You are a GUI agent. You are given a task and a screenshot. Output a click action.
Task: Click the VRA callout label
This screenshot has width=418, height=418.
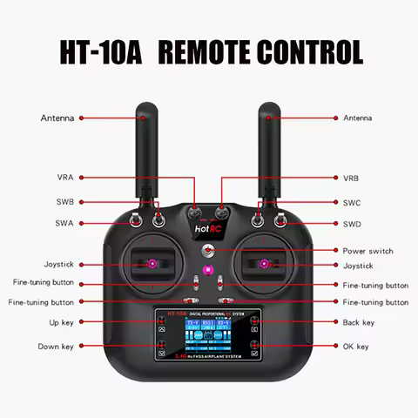[x=65, y=178]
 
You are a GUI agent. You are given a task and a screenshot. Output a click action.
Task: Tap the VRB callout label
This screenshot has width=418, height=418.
[x=351, y=178]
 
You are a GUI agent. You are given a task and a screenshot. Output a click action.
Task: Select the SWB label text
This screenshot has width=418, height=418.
[x=65, y=202]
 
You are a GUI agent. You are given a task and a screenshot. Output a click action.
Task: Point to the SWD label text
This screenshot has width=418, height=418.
[x=352, y=224]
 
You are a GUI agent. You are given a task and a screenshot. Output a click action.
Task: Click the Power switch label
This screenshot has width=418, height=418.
[x=367, y=251]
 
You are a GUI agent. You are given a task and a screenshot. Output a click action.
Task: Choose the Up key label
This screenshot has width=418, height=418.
[x=61, y=322]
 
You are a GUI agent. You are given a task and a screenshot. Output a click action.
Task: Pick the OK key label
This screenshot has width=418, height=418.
[x=355, y=347]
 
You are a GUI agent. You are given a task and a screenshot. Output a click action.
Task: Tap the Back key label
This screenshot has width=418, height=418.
[x=358, y=322]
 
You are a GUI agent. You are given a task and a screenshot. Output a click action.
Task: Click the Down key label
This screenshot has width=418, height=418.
[x=56, y=347]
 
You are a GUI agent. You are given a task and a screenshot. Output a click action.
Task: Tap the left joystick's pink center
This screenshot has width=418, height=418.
[x=152, y=263]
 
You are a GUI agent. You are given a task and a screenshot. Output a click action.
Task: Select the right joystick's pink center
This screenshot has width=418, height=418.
[x=263, y=263]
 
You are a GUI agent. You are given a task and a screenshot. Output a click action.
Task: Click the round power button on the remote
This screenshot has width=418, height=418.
[x=208, y=251]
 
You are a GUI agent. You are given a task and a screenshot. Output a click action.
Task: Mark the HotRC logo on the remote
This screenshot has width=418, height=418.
[x=207, y=231]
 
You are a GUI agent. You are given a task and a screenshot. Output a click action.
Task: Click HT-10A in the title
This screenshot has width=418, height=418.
[x=96, y=51]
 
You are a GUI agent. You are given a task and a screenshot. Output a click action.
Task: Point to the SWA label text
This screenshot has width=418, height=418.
[x=65, y=224]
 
